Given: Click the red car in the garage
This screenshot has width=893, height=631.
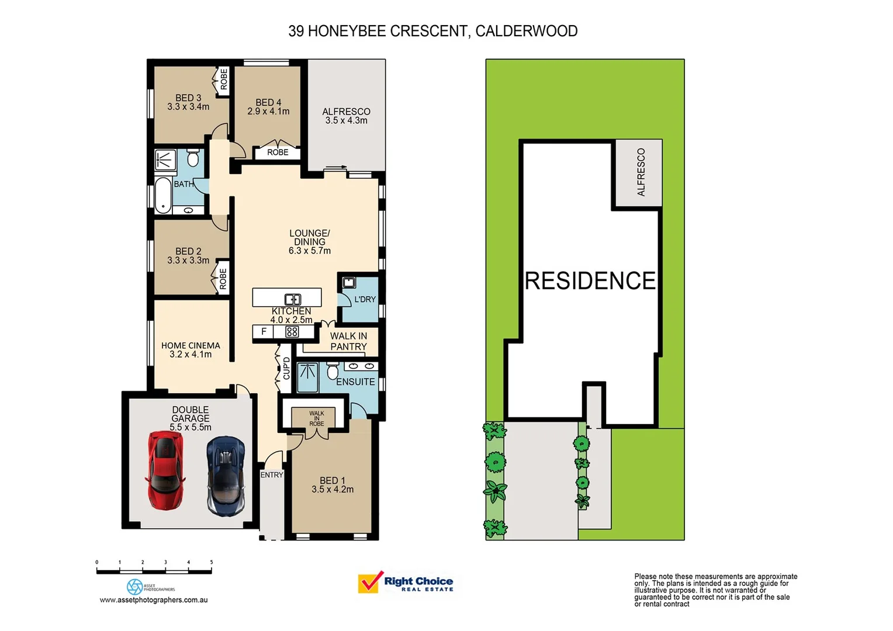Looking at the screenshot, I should [165, 470].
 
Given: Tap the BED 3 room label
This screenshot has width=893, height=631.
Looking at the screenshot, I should [188, 98].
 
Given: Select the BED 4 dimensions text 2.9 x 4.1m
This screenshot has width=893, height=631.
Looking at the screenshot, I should [268, 112].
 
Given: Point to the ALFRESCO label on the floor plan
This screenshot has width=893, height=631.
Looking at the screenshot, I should [346, 112].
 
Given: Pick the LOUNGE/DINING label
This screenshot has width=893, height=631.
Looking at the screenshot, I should [309, 237].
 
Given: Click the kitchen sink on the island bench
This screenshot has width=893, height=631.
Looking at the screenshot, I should [293, 300].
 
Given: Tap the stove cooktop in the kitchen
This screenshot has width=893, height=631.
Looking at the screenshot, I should [292, 332].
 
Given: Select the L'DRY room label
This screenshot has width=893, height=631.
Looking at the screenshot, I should [365, 299].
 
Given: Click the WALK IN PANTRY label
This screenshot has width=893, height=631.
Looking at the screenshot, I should [348, 341].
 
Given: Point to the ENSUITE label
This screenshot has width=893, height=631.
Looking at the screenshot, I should [355, 382].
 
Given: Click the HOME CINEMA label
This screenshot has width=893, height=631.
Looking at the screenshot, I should [191, 345].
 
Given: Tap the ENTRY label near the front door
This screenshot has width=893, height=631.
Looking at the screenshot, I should [271, 475].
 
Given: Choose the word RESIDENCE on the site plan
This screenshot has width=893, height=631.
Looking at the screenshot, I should [590, 281].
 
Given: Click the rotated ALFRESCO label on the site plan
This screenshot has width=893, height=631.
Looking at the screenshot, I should [641, 172].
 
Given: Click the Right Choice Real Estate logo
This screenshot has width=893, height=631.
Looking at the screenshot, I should [406, 583].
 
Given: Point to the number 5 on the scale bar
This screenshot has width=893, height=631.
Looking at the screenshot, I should [212, 562].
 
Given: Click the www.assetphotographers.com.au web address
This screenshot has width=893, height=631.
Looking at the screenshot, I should [154, 600].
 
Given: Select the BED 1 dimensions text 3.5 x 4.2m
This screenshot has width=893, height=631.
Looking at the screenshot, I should [333, 490].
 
